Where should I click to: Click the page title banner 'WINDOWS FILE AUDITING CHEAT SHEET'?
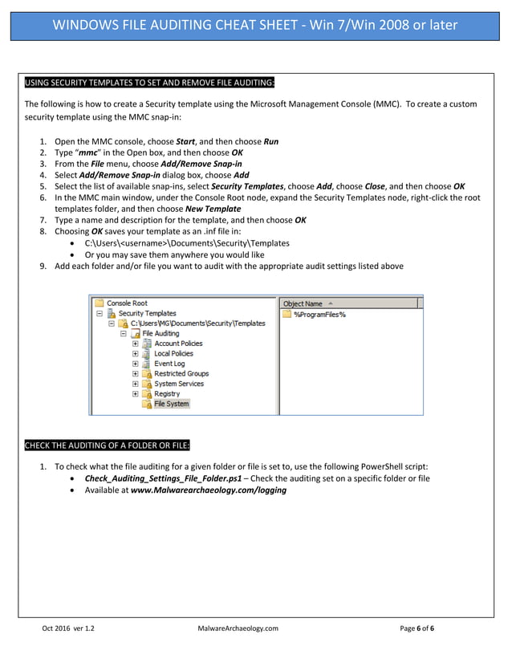pyautogui.click(x=255, y=24)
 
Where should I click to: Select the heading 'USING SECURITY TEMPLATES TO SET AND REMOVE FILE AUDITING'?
pyautogui.click(x=150, y=83)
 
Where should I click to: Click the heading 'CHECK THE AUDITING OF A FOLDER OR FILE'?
pyautogui.click(x=108, y=445)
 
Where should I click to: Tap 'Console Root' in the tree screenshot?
pyautogui.click(x=127, y=303)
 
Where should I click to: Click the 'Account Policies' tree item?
pyautogui.click(x=178, y=344)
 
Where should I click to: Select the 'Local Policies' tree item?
pyautogui.click(x=174, y=353)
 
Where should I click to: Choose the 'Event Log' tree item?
pyautogui.click(x=169, y=364)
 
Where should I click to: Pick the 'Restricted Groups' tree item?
pyautogui.click(x=181, y=373)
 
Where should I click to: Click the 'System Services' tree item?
pyautogui.click(x=178, y=384)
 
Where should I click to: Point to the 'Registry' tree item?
pyautogui.click(x=167, y=394)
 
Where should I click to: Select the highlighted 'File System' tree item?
pyautogui.click(x=171, y=404)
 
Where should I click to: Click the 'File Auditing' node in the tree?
pyautogui.click(x=160, y=333)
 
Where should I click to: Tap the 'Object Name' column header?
pyautogui.click(x=303, y=303)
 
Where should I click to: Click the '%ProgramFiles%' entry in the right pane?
pyautogui.click(x=319, y=314)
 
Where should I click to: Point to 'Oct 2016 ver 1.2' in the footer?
pyautogui.click(x=68, y=628)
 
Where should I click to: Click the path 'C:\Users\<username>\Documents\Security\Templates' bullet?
pyautogui.click(x=186, y=243)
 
